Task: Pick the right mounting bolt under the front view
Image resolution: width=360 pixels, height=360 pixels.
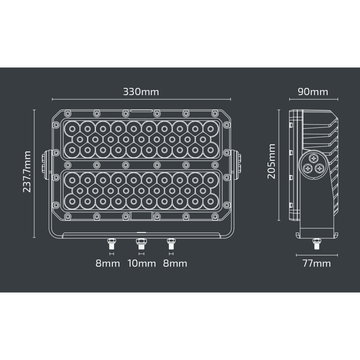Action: (x=170, y=242)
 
